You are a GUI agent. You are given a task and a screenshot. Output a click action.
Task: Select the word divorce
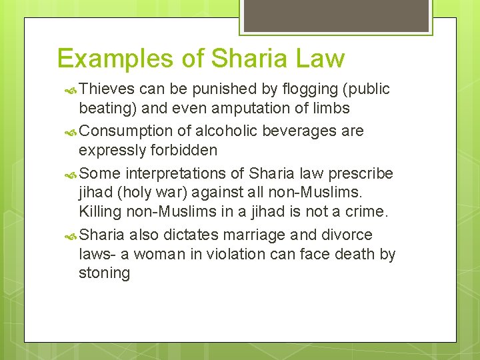[x=347, y=235]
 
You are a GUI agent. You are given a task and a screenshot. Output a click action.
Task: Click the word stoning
[x=105, y=273]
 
